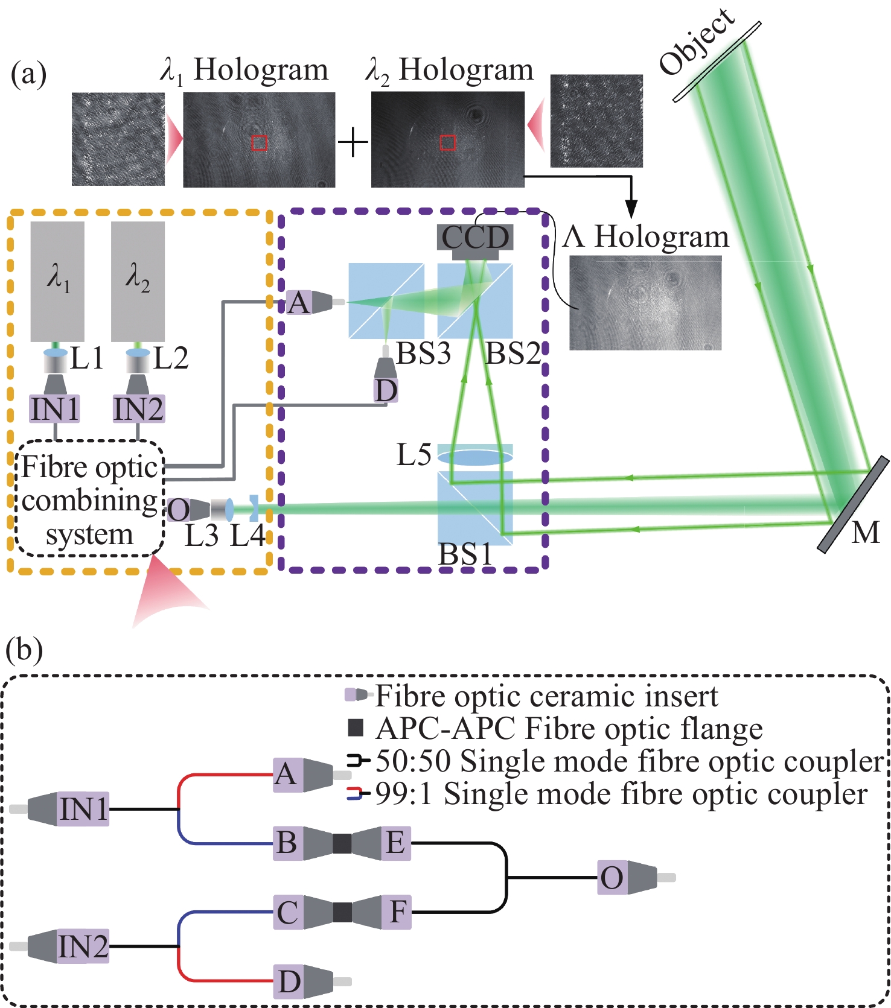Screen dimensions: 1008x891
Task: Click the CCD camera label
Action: pyautogui.click(x=476, y=237)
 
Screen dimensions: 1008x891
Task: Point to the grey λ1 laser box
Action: pyautogui.click(x=57, y=281)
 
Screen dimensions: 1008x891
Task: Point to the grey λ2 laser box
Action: pyautogui.click(x=138, y=281)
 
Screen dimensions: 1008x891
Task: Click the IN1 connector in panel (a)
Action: pyautogui.click(x=55, y=410)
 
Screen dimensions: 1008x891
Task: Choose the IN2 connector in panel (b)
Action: pyautogui.click(x=83, y=946)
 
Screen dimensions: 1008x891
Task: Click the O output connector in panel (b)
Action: pyautogui.click(x=612, y=877)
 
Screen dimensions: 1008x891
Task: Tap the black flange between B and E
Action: pyautogui.click(x=342, y=843)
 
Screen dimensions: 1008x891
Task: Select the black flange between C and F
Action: pyautogui.click(x=342, y=911)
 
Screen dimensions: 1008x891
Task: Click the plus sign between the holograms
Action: pyautogui.click(x=353, y=144)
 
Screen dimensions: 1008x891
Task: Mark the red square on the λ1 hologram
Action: pyautogui.click(x=259, y=143)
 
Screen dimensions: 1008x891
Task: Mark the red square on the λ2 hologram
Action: pyautogui.click(x=448, y=142)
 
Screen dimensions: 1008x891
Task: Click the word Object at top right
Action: pyautogui.click(x=697, y=42)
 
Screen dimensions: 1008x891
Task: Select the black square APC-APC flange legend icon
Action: pyautogui.click(x=356, y=728)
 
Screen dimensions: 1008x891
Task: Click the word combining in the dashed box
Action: pyautogui.click(x=89, y=501)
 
